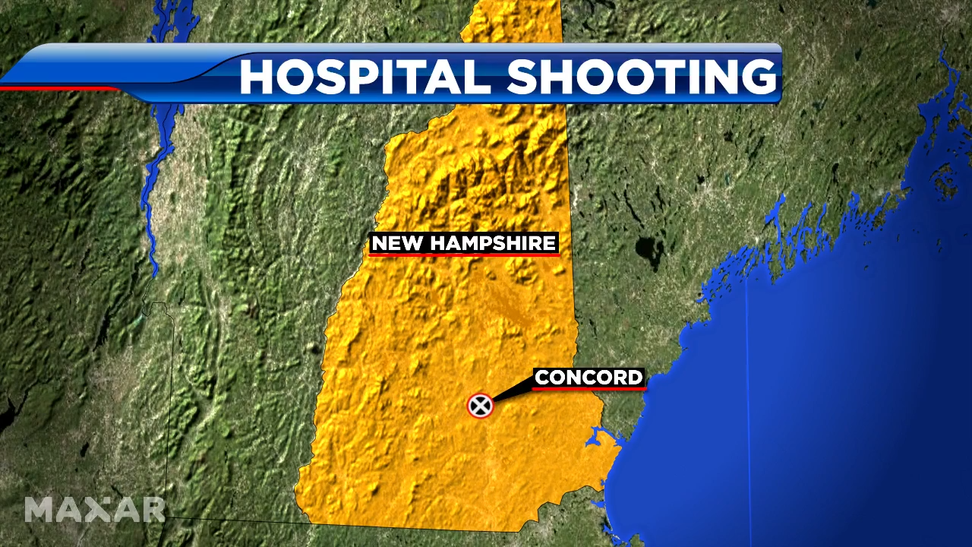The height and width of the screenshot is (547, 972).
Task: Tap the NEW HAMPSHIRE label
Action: pyautogui.click(x=464, y=243)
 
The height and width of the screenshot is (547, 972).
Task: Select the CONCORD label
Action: pyautogui.click(x=589, y=377)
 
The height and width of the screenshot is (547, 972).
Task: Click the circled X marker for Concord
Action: pyautogui.click(x=480, y=406)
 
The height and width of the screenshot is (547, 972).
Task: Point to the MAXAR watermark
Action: pyautogui.click(x=94, y=509)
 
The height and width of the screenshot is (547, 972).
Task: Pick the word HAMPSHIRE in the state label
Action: pyautogui.click(x=488, y=243)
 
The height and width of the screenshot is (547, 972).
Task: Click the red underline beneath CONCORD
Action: pyautogui.click(x=589, y=388)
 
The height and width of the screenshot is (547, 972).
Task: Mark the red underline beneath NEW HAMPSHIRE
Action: pyautogui.click(x=464, y=255)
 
